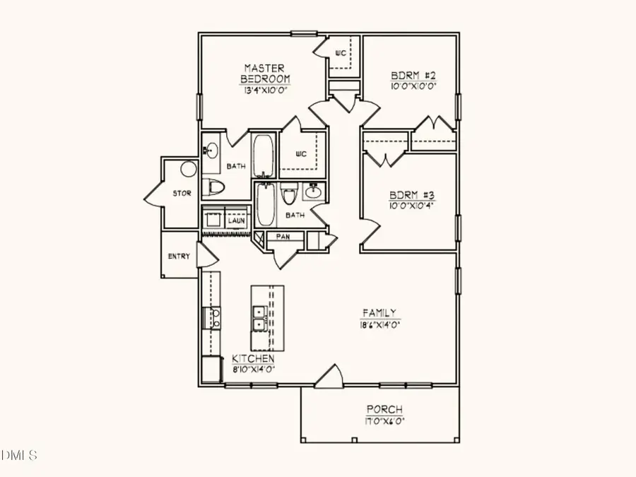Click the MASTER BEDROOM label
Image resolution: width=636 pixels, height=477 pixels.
pyautogui.click(x=265, y=73)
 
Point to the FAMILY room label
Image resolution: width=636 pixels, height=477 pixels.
pyautogui.click(x=379, y=312)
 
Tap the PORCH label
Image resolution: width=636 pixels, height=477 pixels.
pyautogui.click(x=384, y=409)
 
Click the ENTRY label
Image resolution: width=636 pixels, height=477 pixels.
pyautogui.click(x=179, y=257)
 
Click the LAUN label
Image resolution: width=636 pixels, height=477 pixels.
pyautogui.click(x=236, y=220)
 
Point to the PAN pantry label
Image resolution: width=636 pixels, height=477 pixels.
pyautogui.click(x=283, y=236)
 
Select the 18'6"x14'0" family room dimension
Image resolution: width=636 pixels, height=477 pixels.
pyautogui.click(x=380, y=325)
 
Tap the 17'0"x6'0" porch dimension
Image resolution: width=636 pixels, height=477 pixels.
pyautogui.click(x=385, y=422)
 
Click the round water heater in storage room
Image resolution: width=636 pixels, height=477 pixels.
pyautogui.click(x=188, y=169)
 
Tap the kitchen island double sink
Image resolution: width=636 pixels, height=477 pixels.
pyautogui.click(x=259, y=318)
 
